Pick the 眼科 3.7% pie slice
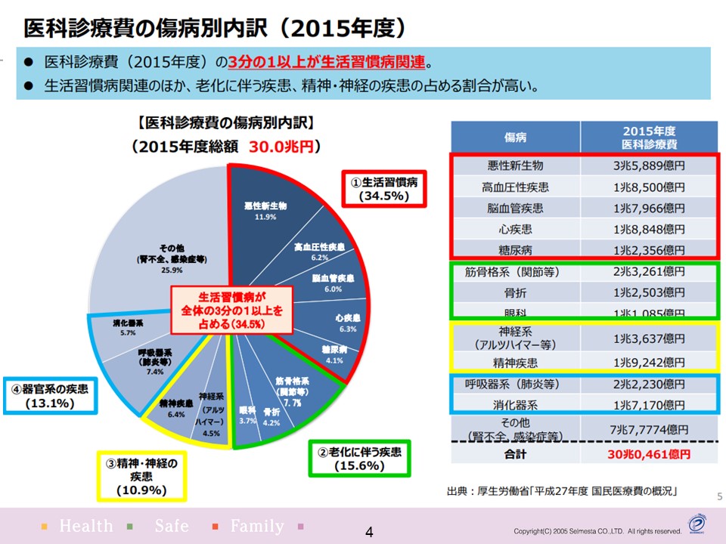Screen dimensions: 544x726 tap(247, 415)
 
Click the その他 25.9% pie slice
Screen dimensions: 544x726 tap(170, 249)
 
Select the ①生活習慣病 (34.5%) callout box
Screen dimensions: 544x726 tap(383, 188)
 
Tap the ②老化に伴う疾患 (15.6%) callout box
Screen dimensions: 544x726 tap(359, 459)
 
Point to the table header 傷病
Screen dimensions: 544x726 tap(515, 138)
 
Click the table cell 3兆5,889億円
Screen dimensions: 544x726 tap(650, 166)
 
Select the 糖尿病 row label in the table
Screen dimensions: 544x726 tap(515, 249)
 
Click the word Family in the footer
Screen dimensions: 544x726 tap(257, 526)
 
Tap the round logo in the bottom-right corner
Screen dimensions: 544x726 tap(697, 524)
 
